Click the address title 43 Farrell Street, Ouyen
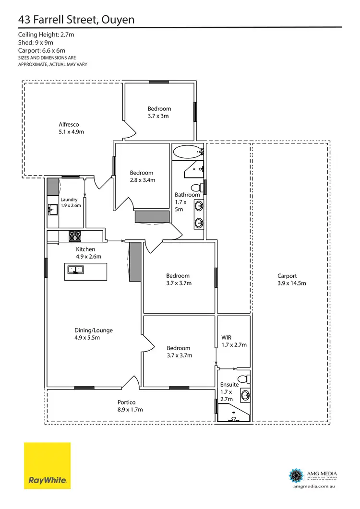point(76,19)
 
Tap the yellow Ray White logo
point(47,465)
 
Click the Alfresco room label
point(71,128)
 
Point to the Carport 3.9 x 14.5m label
point(291,279)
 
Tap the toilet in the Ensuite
point(244,378)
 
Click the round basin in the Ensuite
point(245,395)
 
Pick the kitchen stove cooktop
point(75,236)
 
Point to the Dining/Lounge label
point(93,334)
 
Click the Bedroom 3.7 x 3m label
point(159,112)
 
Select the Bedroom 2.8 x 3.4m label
point(142,176)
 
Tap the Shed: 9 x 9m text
point(35,43)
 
